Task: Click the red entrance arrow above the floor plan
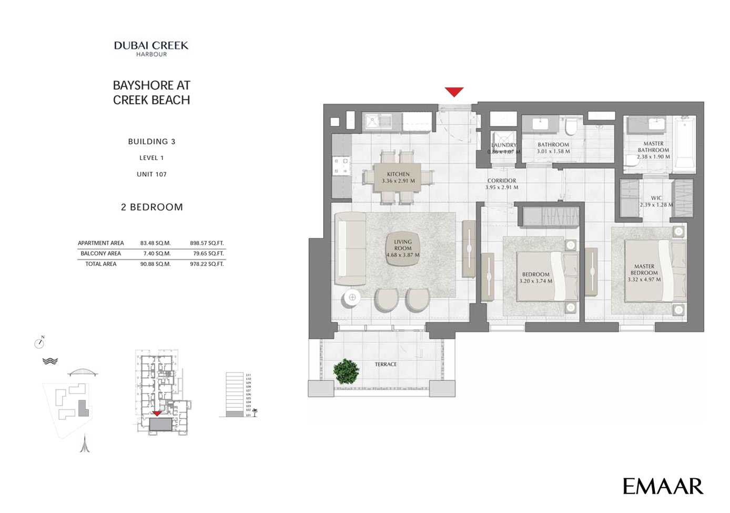454,92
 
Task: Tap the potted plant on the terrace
346,371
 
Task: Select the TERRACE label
386,364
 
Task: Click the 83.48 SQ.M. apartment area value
155,243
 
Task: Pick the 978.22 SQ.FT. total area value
207,264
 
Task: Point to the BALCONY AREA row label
100,254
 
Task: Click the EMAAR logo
662,486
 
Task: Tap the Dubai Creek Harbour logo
151,48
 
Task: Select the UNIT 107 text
151,174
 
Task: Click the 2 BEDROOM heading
151,207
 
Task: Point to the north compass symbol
39,343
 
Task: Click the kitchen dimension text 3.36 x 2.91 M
398,181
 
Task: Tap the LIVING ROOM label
403,245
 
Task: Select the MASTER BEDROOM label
644,269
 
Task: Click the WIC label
656,198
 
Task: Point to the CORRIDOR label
501,180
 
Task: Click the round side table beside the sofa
352,298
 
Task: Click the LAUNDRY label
503,145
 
